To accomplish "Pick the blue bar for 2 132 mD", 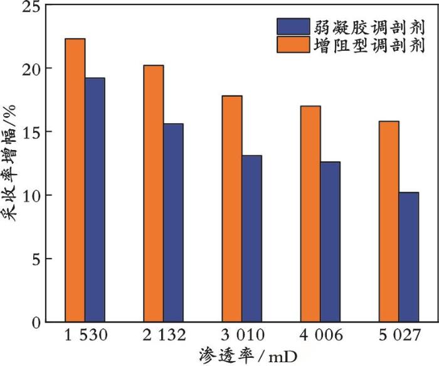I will tap(173, 222).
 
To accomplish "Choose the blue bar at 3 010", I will tap(251, 239).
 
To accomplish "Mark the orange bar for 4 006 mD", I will tap(310, 213).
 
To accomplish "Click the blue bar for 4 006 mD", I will tap(330, 242).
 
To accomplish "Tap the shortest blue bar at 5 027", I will tap(408, 257).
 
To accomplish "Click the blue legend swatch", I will tap(292, 26).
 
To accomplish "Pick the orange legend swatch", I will tap(292, 45).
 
